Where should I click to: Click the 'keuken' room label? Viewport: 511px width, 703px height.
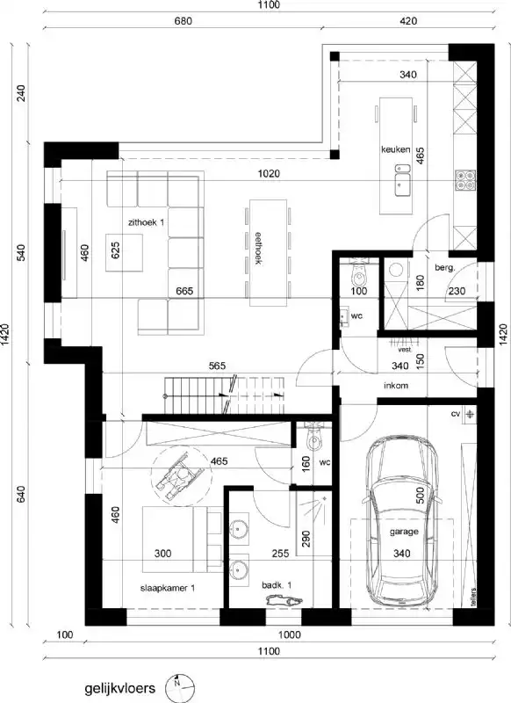pos(395,149)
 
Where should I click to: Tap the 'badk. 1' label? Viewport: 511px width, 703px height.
pos(277,584)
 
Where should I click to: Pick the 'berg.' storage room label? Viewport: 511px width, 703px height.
pos(444,266)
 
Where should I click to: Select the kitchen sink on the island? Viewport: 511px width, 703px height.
pos(404,184)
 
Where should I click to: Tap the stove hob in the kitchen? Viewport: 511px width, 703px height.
pos(464,181)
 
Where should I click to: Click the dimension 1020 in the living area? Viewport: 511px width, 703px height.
pos(269,174)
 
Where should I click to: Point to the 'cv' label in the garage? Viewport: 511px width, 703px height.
pos(456,413)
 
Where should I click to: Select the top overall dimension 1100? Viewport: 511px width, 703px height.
pos(269,5)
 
